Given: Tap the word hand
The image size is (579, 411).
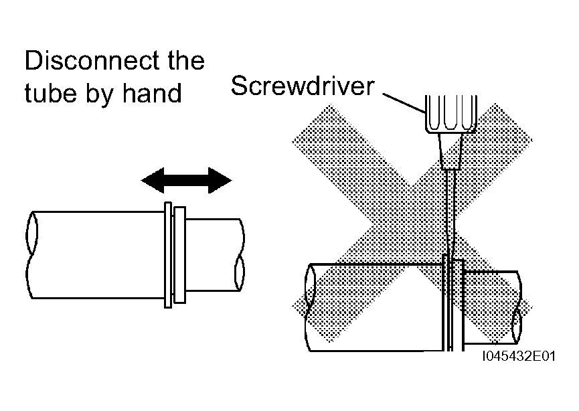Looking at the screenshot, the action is [x=152, y=92].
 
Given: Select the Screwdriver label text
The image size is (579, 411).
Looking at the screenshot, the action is [x=303, y=86].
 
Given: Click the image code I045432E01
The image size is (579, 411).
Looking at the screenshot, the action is [x=519, y=356].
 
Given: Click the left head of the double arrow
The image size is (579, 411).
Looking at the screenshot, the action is [x=153, y=180].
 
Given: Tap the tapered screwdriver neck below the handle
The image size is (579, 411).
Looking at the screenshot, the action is [x=451, y=151].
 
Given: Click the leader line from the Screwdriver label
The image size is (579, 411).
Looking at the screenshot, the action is [x=404, y=102].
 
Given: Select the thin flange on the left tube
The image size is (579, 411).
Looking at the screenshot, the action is [x=168, y=255].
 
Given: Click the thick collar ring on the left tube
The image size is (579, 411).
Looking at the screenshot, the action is [x=179, y=255].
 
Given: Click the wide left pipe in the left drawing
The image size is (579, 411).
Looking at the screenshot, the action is [x=96, y=255].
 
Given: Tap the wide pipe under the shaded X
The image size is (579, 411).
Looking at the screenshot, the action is [x=375, y=307].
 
